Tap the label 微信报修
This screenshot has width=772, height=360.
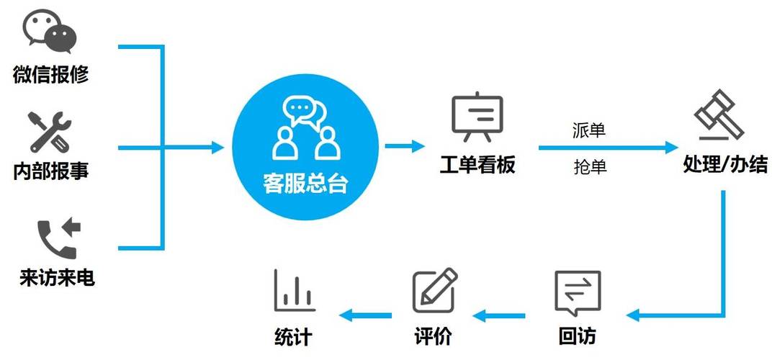50,74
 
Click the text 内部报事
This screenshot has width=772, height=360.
50,171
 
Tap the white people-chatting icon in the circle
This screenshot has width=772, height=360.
305,130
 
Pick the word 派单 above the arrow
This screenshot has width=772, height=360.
589,130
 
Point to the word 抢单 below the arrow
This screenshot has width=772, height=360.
590,167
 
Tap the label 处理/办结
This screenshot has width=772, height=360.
724,165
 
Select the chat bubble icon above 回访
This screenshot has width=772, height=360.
578,292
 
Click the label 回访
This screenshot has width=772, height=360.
578,336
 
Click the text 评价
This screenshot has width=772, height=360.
433,336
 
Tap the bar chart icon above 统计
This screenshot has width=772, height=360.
293,290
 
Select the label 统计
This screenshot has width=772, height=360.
293,336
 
